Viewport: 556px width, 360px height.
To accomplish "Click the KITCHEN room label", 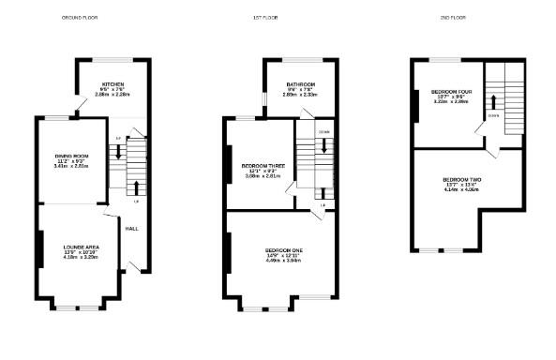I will (114, 83).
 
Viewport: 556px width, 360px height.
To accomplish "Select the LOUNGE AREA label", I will (81, 246).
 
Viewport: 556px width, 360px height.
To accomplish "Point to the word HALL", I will (132, 229).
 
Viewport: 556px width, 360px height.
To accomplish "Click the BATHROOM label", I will (300, 83).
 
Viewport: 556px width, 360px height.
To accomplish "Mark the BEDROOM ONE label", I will (283, 250).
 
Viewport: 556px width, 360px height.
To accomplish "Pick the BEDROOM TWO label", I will (461, 178).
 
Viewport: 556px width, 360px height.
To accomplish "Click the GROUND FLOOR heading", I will (79, 18).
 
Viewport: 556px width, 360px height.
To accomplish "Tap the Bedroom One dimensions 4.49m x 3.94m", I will (283, 262).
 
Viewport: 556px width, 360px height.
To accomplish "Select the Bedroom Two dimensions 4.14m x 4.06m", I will (461, 189).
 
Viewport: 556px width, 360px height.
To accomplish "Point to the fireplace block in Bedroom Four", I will (414, 105).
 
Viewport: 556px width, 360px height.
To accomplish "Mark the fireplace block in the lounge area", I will (40, 247).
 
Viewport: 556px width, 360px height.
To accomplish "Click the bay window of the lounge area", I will (77, 307).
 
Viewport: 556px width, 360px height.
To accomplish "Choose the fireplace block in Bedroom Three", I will (227, 161).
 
